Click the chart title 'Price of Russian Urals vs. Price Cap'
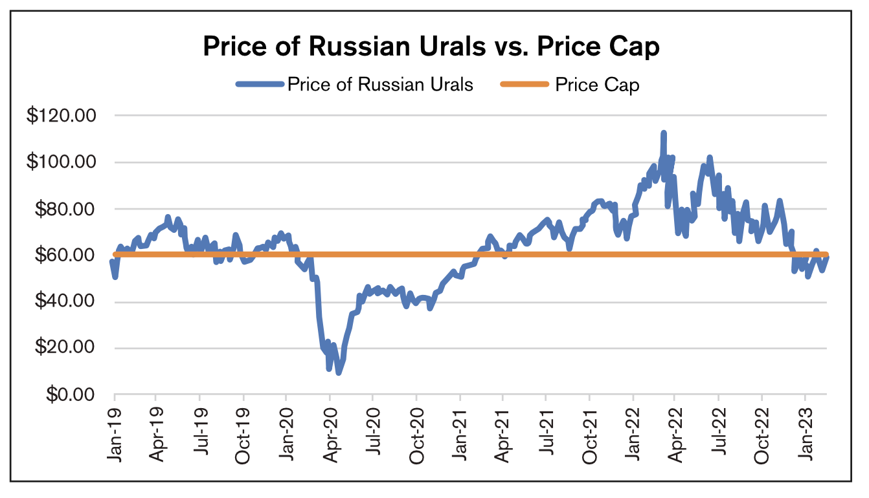[431, 47]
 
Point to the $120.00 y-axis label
[62, 116]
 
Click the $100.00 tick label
[62, 162]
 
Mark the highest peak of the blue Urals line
[664, 133]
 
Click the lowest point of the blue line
[338, 373]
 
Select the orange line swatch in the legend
[524, 84]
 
